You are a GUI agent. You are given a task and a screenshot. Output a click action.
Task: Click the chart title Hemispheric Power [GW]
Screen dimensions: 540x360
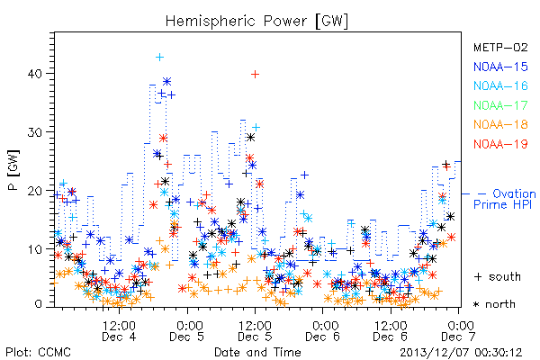point(256,22)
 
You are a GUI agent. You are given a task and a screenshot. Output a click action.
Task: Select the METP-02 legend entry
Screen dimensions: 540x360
point(500,47)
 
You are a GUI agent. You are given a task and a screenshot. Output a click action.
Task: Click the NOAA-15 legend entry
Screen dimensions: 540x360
point(500,67)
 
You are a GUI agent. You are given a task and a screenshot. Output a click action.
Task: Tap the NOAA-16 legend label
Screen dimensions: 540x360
point(500,85)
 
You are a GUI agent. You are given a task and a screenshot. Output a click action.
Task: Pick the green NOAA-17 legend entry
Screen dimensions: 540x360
point(500,105)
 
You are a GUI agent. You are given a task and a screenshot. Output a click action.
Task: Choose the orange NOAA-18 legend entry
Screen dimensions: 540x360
point(500,124)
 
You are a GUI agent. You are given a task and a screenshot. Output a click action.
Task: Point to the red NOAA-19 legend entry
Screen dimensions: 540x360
point(500,144)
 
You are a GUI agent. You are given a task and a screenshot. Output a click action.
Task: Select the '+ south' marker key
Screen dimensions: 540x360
point(497,276)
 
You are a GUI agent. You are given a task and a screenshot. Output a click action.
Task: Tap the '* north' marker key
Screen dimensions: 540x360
point(494,304)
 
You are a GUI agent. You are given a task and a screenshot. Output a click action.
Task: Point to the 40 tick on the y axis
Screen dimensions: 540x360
point(35,74)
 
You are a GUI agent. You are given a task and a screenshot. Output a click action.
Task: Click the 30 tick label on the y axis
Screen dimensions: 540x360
point(35,132)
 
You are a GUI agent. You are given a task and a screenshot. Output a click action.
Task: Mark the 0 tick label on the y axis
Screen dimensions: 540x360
point(39,304)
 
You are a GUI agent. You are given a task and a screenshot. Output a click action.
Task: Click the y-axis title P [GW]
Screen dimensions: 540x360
point(13,170)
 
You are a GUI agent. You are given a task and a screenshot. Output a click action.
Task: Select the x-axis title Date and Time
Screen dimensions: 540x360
point(257,352)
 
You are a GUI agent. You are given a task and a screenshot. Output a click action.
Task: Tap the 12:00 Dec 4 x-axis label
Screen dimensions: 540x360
point(119,330)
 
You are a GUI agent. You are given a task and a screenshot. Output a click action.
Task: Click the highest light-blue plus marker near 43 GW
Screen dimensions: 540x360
point(159,58)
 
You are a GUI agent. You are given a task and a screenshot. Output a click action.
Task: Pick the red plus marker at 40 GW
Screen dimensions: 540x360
point(255,74)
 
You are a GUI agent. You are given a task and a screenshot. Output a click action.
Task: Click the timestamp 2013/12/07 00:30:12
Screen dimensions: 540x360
point(461,353)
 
